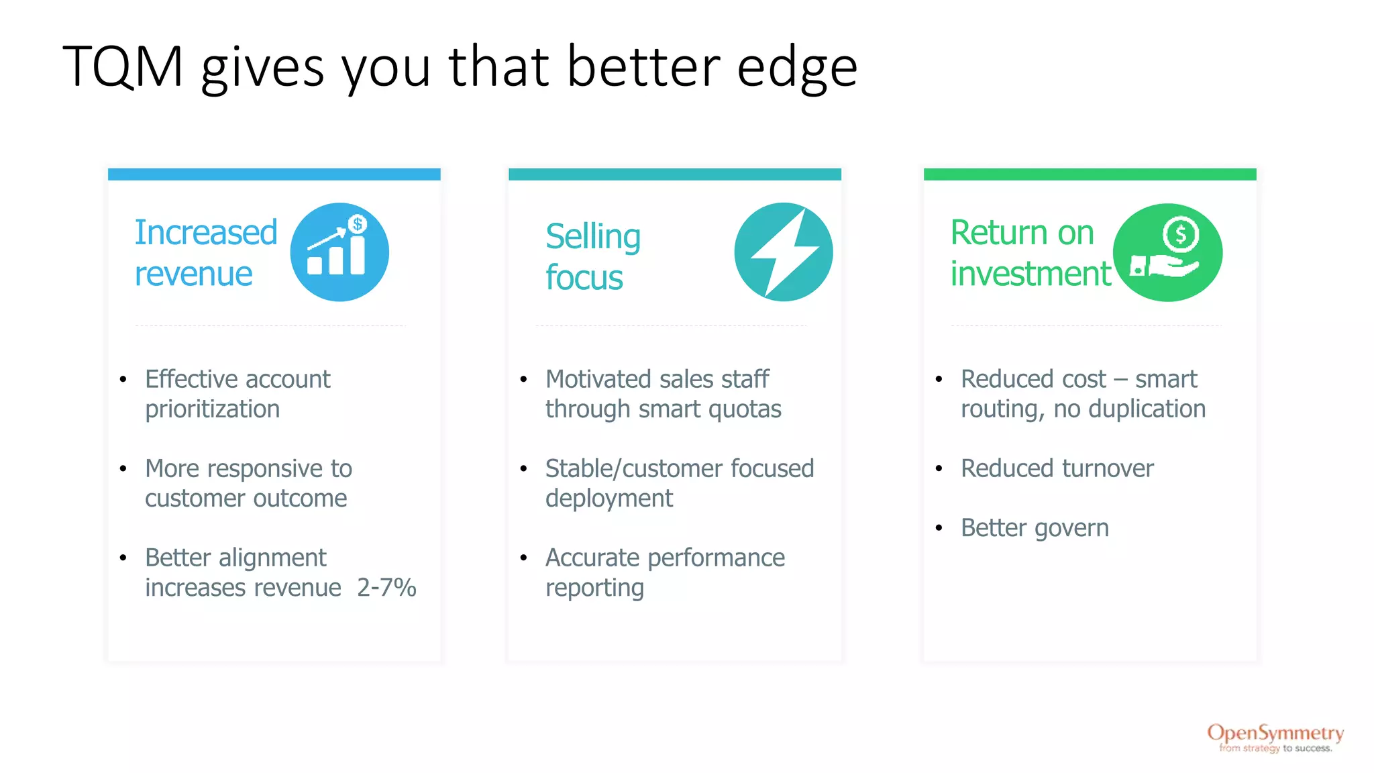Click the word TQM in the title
pos(123,66)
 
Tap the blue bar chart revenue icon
pos(339,252)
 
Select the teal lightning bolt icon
pos(783,252)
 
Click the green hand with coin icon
pos(1167,252)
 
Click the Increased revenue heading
pos(205,253)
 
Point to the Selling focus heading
pos(592,256)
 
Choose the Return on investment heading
pos(1030,253)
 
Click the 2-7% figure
pos(386,588)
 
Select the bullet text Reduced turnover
pos(1057,468)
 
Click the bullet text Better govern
pos(1035,528)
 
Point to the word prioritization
pos(212,409)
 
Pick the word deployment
pos(609,499)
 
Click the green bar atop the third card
pos(1090,174)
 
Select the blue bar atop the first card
pos(274,174)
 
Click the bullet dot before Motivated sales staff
pos(523,380)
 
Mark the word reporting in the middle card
pos(594,588)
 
